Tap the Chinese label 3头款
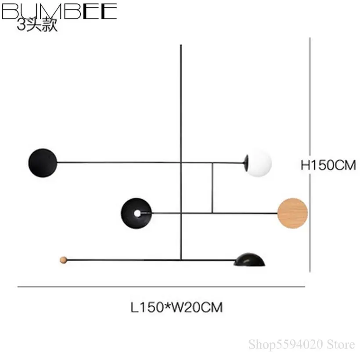tap(37, 25)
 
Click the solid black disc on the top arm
tap(43, 162)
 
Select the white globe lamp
tap(259, 163)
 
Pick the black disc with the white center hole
tap(136, 213)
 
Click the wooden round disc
tap(292, 213)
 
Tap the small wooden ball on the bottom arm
tap(64, 260)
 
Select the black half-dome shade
tap(249, 260)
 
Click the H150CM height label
tap(328, 166)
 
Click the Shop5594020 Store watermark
tap(301, 343)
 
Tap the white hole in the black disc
tap(137, 213)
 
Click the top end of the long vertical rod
tap(181, 45)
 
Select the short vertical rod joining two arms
tap(212, 188)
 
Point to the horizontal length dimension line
tap(161, 287)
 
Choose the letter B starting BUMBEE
tap(9, 11)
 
